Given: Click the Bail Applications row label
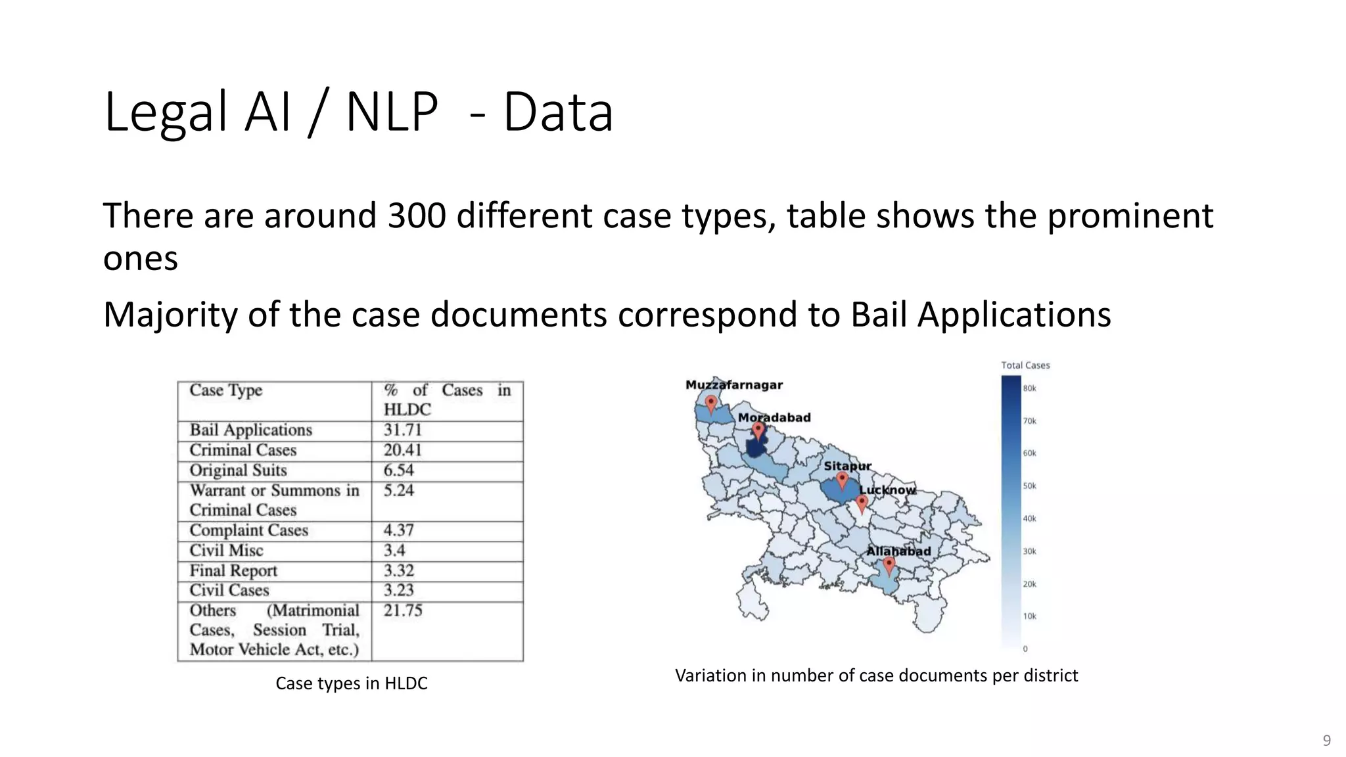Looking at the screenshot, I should tap(250, 430).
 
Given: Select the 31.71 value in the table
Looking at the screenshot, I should tap(402, 430).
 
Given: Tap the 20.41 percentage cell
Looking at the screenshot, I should tap(402, 451).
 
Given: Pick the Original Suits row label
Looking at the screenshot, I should tap(238, 471).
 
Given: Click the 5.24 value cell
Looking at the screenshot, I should tap(398, 491).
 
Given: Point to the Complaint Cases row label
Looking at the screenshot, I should tap(248, 531).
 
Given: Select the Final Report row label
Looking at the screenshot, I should tap(233, 571).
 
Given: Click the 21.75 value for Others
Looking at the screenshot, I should tap(403, 611).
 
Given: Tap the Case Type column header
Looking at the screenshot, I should tap(225, 391).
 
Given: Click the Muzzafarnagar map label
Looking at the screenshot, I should tap(733, 385).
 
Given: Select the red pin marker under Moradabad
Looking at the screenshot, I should tap(758, 431).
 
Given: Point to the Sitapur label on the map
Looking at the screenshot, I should tap(847, 466).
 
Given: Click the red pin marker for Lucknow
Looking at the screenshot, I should tap(862, 504).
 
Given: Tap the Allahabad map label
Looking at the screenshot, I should tap(898, 551).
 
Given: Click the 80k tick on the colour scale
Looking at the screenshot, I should tap(1029, 388).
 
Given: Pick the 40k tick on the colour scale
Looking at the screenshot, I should tap(1029, 519).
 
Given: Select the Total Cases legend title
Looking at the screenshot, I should tap(1025, 365).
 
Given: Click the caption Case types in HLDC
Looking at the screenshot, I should tap(351, 683).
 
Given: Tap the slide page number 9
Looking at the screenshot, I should tap(1326, 741).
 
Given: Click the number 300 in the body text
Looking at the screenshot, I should tap(417, 216).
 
